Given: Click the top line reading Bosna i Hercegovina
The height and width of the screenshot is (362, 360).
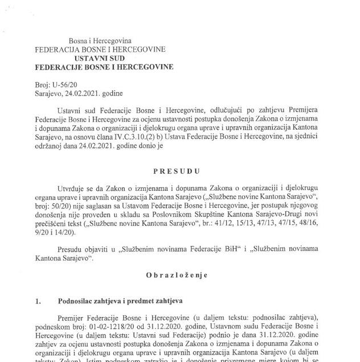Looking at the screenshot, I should (x=100, y=41).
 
